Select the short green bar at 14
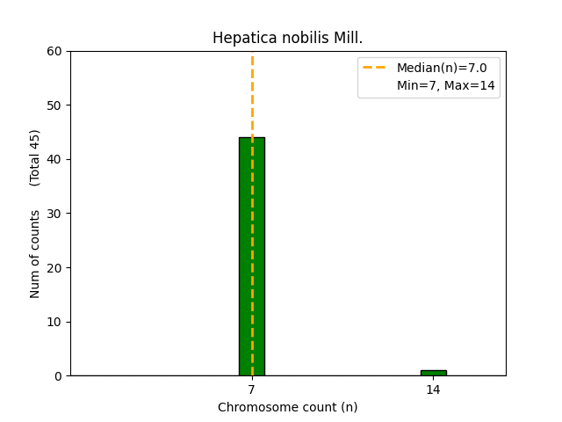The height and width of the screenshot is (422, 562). coord(433,373)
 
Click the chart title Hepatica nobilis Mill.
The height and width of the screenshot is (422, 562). coord(287,38)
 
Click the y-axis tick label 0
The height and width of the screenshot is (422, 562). coord(59,376)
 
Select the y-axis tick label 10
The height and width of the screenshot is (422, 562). coord(55,322)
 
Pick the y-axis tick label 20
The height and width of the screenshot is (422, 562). coord(55,268)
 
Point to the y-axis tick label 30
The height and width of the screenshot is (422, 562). coord(55,214)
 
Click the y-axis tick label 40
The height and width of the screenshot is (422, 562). coord(55,159)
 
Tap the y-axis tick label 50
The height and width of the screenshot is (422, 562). coord(55,105)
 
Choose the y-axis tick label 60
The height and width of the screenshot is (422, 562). coord(55,51)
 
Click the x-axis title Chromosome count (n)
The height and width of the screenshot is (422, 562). coord(287,407)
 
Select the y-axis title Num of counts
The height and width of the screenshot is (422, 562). coord(35,254)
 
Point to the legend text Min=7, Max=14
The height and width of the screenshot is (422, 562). coord(445,85)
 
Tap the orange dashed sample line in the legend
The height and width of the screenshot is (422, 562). coord(375,68)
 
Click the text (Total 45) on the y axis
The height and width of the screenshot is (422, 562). coord(35,157)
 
